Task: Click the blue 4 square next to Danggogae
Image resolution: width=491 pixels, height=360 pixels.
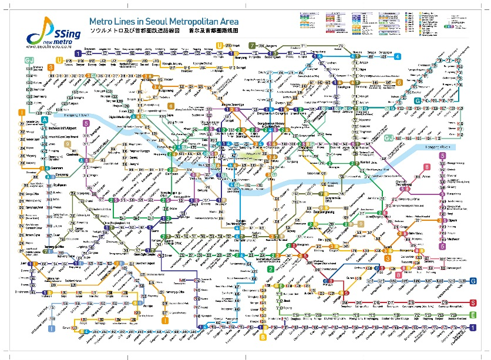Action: pos(398,56)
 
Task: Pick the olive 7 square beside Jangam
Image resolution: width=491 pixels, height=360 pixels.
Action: pos(251,45)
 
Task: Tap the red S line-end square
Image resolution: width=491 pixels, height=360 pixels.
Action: pos(473,303)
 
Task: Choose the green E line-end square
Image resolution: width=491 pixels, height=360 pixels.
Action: pos(473,315)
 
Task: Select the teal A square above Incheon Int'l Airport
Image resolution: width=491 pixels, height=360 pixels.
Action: pos(45,120)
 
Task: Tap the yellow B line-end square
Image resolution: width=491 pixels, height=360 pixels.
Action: pos(263,337)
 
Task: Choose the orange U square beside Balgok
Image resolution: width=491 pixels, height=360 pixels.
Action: pos(220,45)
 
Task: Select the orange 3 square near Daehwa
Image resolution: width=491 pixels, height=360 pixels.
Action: pos(51,68)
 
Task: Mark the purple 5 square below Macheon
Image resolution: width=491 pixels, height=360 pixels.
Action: pos(442,246)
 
